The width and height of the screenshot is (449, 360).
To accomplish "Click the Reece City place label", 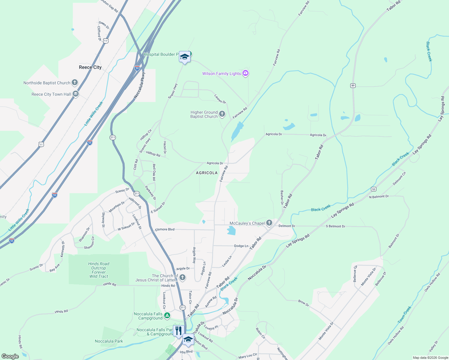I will click(90, 67).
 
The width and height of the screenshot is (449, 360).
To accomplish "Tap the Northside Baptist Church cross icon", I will click(75, 82).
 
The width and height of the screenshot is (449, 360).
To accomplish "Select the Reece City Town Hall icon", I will click(76, 94).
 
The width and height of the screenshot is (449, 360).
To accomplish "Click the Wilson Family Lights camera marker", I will click(246, 73).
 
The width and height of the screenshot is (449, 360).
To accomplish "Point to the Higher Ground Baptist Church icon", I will click(222, 114).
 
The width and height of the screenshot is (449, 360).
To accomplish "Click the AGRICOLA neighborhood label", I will click(206, 173).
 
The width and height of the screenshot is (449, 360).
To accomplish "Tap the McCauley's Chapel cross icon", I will click(269, 223).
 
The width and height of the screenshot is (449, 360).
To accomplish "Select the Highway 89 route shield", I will click(353, 85).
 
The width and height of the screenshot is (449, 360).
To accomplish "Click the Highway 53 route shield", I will click(373, 189).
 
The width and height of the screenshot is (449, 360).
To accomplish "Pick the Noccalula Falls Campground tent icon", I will click(167, 316).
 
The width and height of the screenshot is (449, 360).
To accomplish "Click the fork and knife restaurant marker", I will click(178, 331).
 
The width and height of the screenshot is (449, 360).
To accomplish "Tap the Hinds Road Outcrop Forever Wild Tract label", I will click(99, 270).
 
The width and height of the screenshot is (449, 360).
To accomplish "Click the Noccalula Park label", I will click(109, 341).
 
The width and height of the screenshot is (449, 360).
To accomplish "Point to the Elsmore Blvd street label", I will click(164, 229).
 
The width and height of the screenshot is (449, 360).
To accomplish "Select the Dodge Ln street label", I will click(241, 246).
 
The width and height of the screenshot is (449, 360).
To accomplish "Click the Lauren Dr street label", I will click(220, 99).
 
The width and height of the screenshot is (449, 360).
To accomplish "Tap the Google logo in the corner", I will click(10, 356).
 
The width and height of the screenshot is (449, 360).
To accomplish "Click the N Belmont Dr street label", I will click(379, 196).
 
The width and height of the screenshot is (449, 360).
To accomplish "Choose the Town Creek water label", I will click(404, 315).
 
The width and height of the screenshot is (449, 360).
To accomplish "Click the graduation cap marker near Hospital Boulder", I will click(184, 57).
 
